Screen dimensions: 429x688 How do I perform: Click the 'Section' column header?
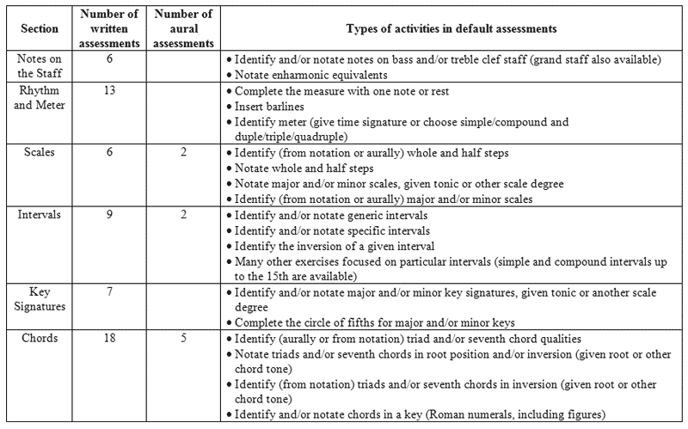click(x=39, y=28)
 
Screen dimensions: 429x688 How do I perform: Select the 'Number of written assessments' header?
click(x=110, y=28)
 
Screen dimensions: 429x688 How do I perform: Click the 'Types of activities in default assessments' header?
click(x=451, y=28)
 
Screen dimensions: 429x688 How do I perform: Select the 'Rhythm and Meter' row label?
click(x=39, y=98)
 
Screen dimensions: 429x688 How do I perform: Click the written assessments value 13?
click(x=110, y=91)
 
